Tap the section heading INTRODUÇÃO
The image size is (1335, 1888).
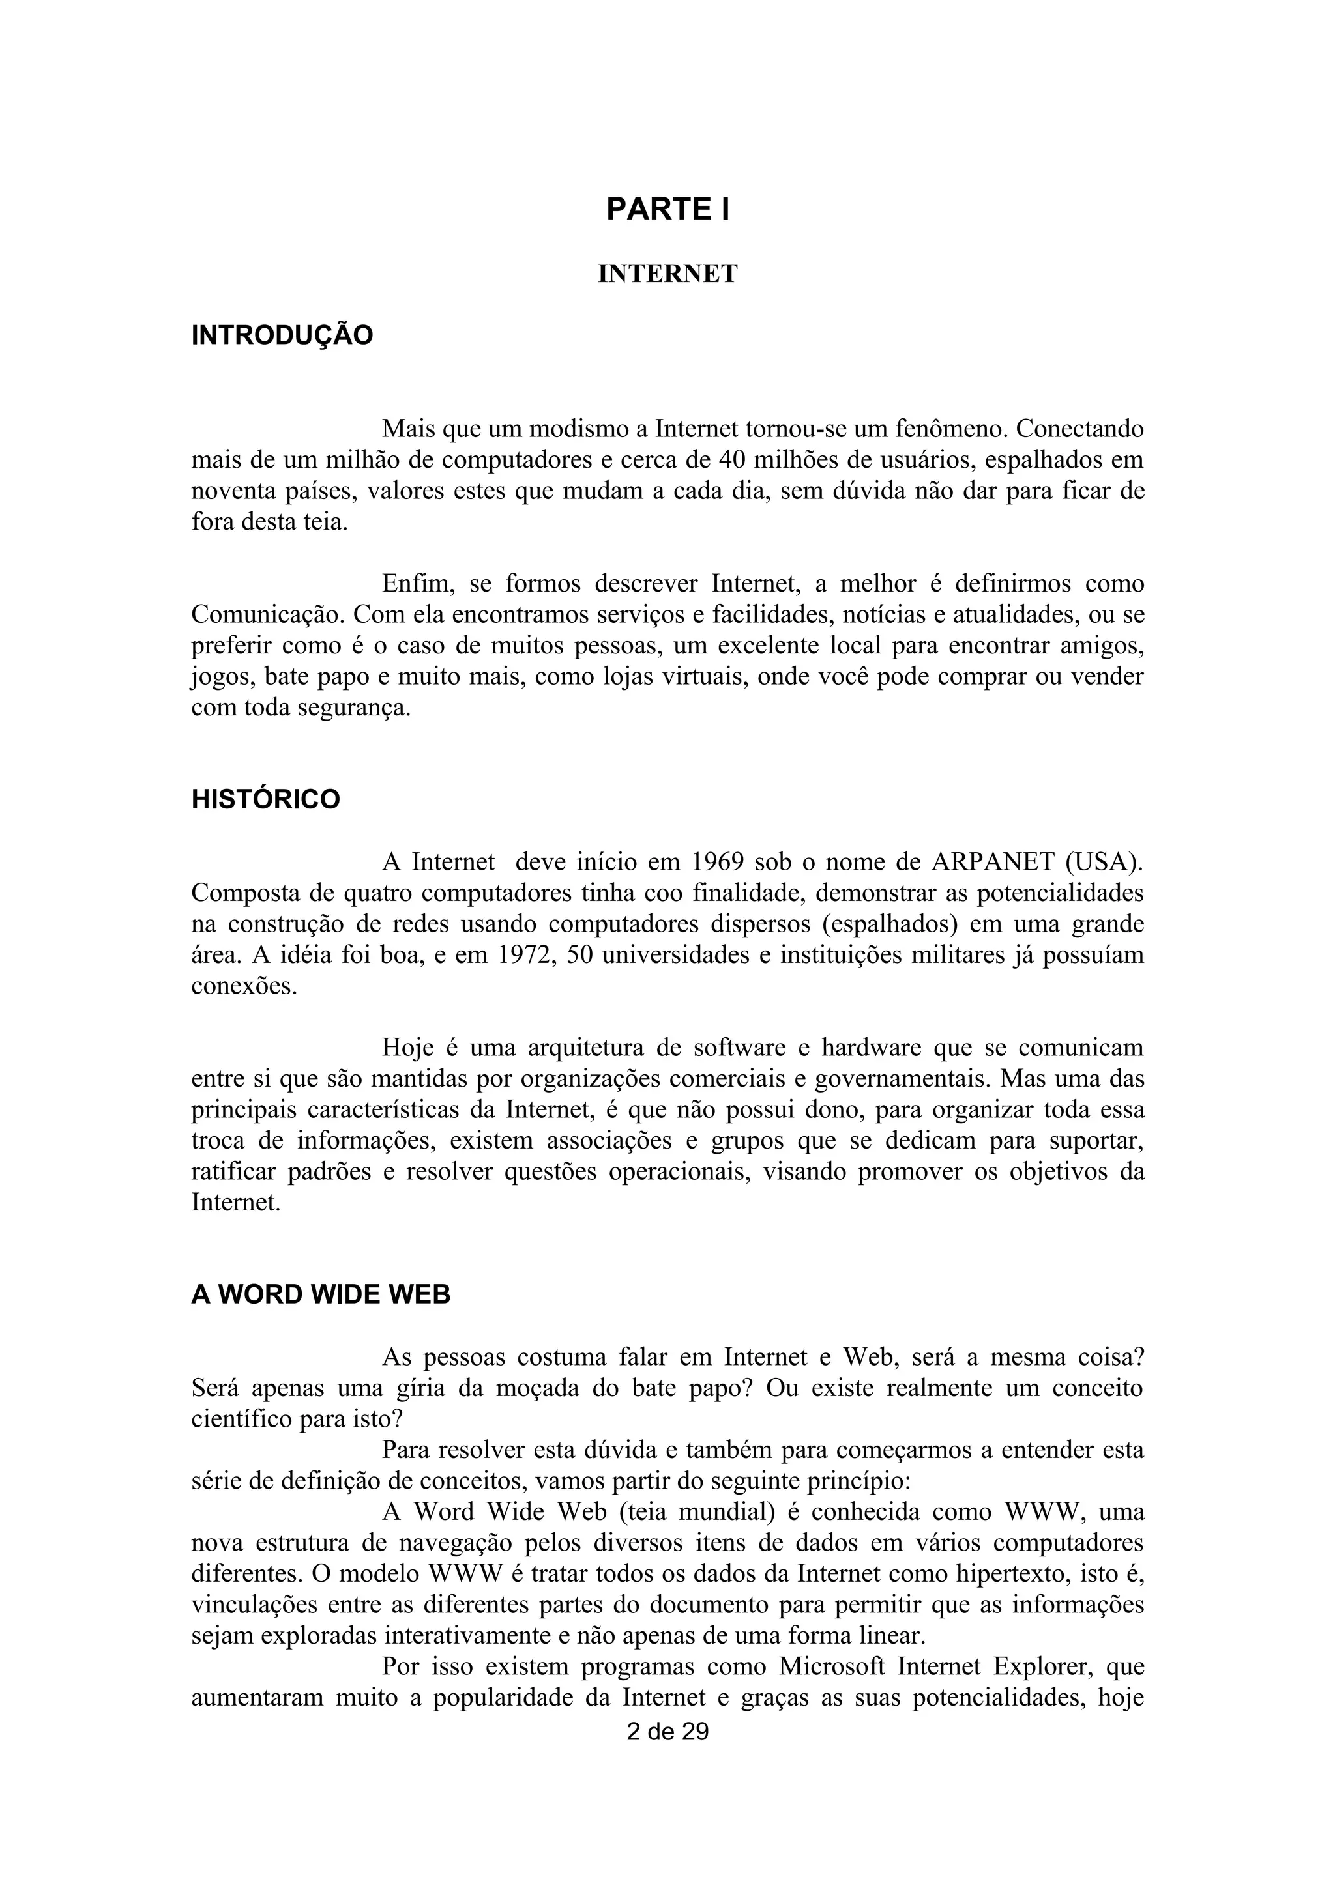click(282, 336)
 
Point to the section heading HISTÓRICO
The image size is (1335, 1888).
click(266, 799)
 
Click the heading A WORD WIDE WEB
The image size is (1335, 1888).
click(321, 1295)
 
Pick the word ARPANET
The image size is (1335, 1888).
click(993, 862)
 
